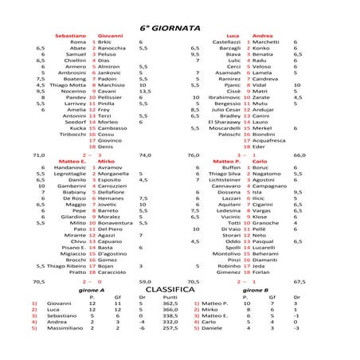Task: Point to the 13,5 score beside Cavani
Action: [145, 92]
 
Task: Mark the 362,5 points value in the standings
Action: [170, 303]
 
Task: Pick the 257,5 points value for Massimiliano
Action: [170, 328]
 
